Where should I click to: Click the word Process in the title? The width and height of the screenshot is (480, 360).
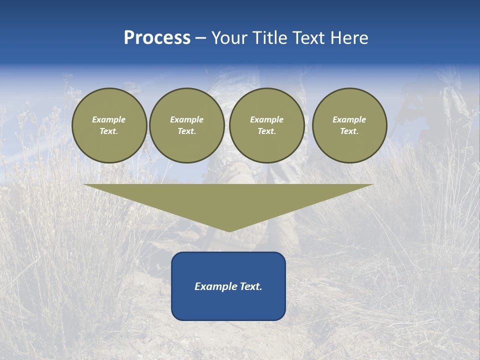(157, 38)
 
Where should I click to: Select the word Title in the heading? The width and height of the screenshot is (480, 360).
(270, 38)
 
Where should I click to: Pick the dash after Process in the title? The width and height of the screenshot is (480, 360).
(200, 38)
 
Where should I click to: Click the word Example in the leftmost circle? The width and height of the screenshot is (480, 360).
(109, 119)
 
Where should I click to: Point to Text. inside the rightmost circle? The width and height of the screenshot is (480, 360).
(349, 131)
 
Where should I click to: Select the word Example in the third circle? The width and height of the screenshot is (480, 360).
(266, 119)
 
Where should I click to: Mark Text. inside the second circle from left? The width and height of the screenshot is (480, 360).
(187, 131)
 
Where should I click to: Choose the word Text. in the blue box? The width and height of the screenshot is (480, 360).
(250, 286)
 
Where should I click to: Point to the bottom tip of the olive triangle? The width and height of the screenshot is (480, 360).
(229, 231)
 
